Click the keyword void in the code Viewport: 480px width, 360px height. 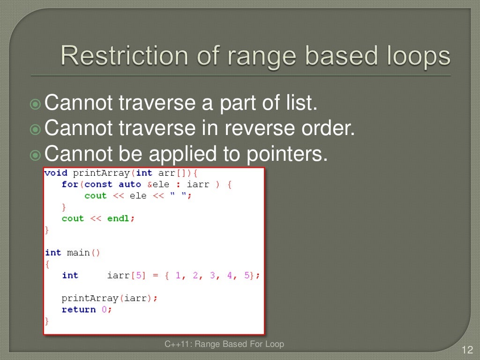coord(56,173)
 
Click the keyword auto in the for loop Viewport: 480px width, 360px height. coord(130,184)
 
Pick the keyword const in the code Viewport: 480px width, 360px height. coord(98,184)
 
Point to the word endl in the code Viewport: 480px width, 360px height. coord(119,218)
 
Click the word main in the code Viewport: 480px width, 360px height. coord(78,253)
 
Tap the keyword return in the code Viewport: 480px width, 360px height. coord(79,309)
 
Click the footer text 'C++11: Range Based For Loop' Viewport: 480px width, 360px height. coord(224,345)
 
